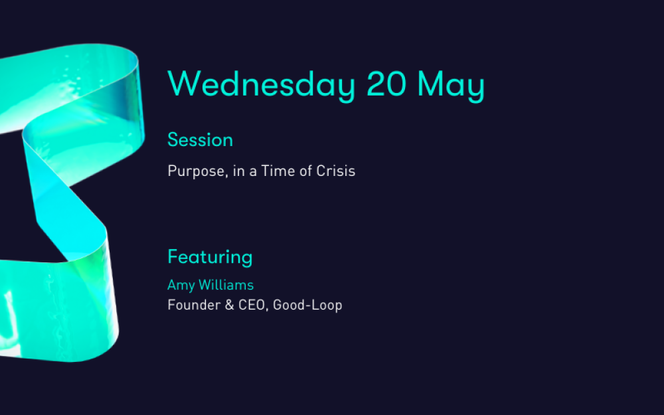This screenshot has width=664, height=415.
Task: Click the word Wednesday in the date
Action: (x=261, y=86)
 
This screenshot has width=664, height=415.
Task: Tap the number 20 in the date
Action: (x=386, y=84)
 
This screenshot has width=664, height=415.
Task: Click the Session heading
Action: (x=201, y=139)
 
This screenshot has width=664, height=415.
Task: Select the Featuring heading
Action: (x=210, y=258)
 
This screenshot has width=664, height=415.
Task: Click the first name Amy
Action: (x=181, y=286)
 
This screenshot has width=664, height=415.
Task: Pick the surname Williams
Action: (x=226, y=285)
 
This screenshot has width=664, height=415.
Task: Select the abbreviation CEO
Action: (x=252, y=305)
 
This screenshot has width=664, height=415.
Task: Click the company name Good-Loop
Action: (x=307, y=305)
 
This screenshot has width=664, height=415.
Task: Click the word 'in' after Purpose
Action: (x=239, y=171)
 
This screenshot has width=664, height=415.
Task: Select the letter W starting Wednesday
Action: (x=184, y=84)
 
